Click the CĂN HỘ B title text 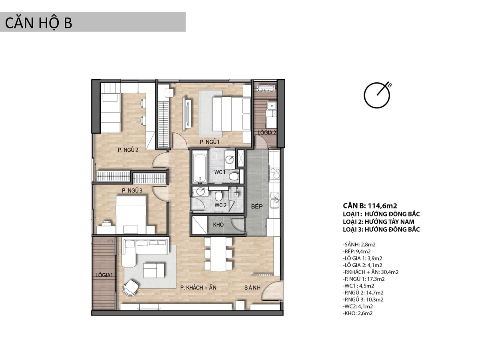(38, 23)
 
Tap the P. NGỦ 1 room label (210, 142)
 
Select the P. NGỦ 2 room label (128, 150)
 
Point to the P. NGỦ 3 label (132, 191)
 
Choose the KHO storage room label (218, 224)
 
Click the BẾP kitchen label (257, 206)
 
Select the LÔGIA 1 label (104, 275)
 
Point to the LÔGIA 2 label (267, 132)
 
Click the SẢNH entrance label (252, 288)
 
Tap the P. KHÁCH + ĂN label (198, 288)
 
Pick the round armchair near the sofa (131, 288)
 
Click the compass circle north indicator (376, 95)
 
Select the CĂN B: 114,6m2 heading (370, 206)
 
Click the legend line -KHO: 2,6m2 (358, 313)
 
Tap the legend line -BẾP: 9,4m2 (357, 251)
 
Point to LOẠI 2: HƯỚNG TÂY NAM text (378, 222)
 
